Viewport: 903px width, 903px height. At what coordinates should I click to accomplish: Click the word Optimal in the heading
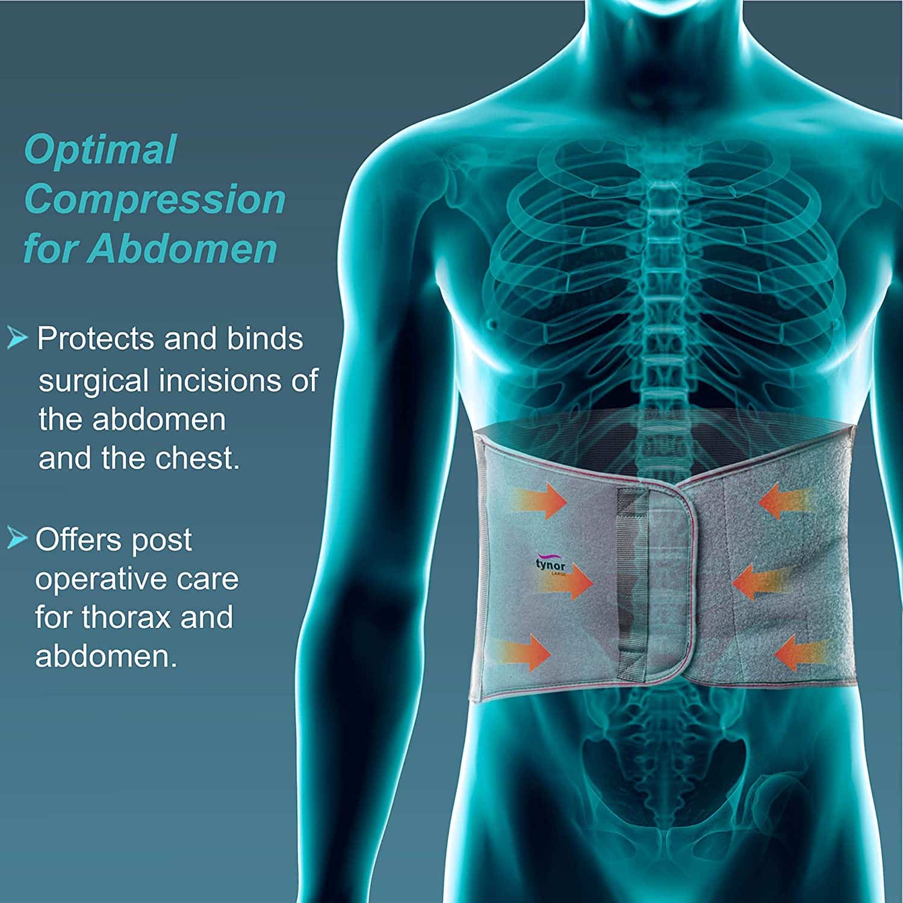click(x=100, y=150)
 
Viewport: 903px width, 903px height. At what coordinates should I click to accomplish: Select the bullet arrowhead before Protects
click(x=17, y=339)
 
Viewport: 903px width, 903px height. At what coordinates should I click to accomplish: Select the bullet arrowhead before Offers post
click(x=17, y=539)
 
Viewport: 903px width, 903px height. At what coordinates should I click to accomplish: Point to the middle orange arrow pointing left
click(x=762, y=582)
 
